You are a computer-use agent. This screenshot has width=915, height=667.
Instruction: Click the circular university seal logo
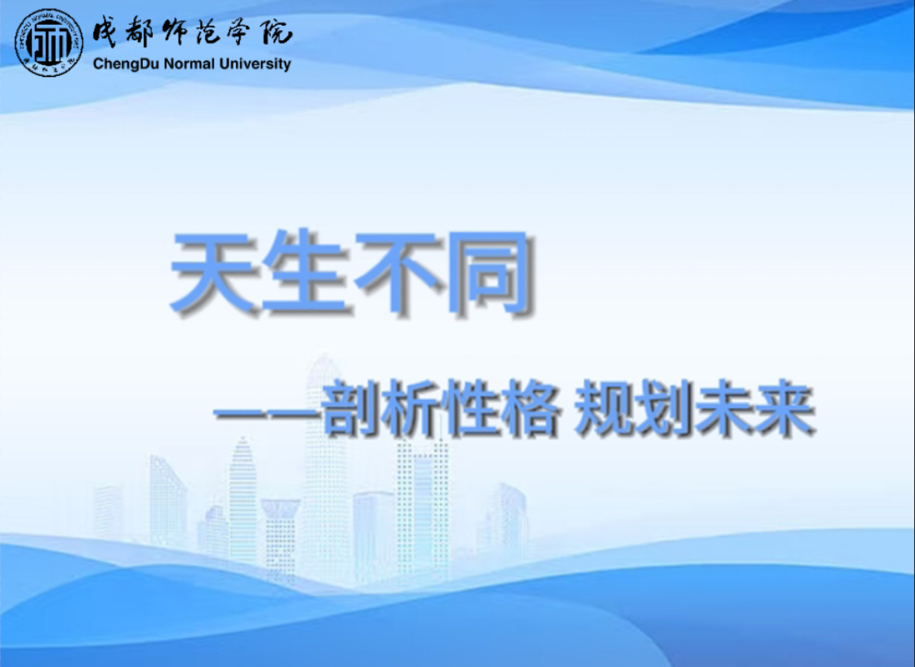tap(49, 43)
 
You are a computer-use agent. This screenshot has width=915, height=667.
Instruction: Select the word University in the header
tap(255, 64)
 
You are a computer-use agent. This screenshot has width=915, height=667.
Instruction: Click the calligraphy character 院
tap(276, 32)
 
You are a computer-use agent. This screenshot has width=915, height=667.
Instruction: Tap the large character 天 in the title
tap(214, 271)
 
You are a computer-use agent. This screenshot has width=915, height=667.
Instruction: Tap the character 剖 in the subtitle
tap(351, 408)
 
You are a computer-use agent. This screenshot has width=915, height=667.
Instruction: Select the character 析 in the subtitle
tap(411, 408)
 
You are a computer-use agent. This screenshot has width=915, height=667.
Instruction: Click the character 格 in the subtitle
tap(530, 408)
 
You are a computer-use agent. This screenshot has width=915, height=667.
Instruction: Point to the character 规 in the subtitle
tap(605, 408)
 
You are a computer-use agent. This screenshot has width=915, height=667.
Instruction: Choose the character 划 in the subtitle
tap(664, 408)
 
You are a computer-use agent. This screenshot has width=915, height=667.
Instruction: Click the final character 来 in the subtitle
tap(785, 408)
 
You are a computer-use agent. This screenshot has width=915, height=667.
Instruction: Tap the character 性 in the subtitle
tap(470, 408)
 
